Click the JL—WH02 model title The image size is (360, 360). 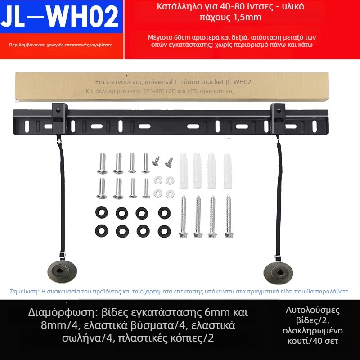coord(60,17)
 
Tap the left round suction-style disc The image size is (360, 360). coord(62,272)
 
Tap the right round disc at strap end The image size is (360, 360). coord(278,273)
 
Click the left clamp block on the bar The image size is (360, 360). coord(60,119)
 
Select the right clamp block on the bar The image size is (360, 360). coord(278,119)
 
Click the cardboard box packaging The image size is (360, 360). coord(172,87)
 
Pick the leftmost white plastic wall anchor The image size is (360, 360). coord(184,171)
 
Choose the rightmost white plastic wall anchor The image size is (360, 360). coord(227,171)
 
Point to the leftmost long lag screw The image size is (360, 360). coord(183,216)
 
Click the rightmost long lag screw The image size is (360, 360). coord(229,216)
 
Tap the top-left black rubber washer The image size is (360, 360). coord(102,212)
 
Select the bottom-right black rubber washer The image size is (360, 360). coord(164,231)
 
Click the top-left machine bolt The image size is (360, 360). coord(102,163)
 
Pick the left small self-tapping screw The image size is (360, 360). coord(156,161)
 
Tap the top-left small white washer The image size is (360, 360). coord(158,180)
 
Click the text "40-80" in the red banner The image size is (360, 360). coord(230,7)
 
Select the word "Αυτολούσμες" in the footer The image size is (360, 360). coord(313,310)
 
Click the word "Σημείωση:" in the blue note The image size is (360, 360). coord(25,292)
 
